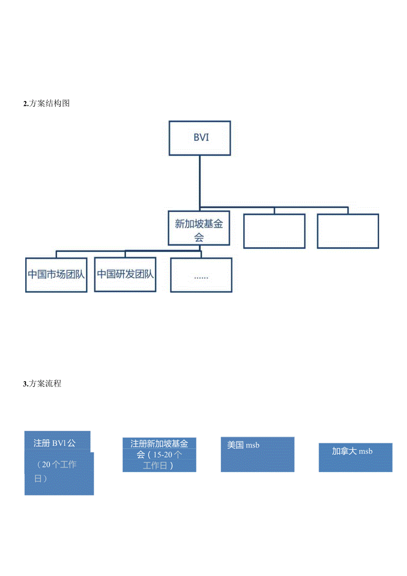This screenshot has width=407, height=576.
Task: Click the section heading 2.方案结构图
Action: [x=46, y=104]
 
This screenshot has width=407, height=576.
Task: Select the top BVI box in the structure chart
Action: [x=200, y=138]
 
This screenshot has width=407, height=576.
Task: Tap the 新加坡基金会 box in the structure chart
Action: [x=199, y=228]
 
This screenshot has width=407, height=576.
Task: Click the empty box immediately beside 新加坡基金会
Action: [x=274, y=231]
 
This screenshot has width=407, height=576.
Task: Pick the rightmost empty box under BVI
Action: [x=348, y=231]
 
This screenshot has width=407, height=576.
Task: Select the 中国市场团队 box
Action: [x=56, y=274]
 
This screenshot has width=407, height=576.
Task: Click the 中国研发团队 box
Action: [x=125, y=274]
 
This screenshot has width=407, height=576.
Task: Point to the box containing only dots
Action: [x=201, y=275]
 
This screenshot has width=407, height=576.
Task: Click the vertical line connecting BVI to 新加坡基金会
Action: [x=200, y=182]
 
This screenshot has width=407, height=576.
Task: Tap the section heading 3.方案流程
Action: [x=42, y=384]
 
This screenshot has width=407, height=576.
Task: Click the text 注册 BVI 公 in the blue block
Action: [x=54, y=442]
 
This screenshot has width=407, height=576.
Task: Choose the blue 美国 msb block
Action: [x=257, y=455]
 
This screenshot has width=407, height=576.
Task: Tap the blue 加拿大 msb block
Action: [x=355, y=457]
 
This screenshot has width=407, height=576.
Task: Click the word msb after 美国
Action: [x=253, y=445]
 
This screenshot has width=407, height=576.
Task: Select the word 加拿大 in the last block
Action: [x=345, y=451]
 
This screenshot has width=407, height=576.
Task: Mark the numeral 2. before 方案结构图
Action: [x=26, y=104]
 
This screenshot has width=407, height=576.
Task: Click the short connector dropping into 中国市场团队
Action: [x=56, y=254]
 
